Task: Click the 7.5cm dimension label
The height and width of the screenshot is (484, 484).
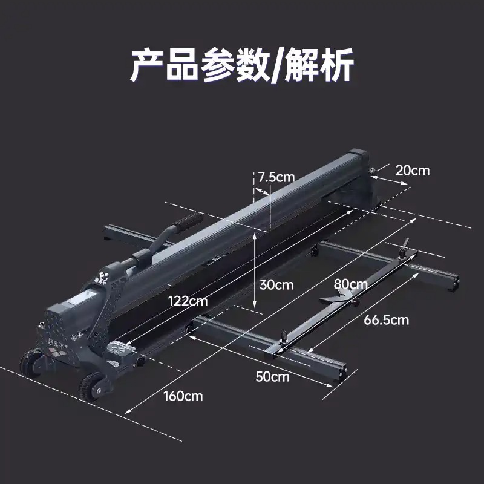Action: (276, 177)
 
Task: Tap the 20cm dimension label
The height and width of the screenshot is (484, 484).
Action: (413, 171)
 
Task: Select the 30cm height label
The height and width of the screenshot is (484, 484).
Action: (276, 284)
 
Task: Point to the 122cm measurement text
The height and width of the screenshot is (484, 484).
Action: (188, 301)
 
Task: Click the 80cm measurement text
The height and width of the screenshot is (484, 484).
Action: (351, 284)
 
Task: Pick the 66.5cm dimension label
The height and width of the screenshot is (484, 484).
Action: (386, 320)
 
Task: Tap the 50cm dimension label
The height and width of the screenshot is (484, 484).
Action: (273, 376)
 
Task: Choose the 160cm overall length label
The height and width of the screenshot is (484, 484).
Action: (183, 396)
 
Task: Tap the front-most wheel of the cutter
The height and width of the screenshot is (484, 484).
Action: (92, 387)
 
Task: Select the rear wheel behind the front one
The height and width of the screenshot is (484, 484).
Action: (31, 362)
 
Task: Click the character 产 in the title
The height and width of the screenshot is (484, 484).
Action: (147, 65)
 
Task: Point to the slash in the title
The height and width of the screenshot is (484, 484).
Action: (276, 66)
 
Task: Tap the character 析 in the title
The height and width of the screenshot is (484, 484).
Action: (336, 65)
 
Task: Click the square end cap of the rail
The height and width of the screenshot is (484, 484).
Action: (358, 157)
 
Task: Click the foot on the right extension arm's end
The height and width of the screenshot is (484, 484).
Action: (453, 283)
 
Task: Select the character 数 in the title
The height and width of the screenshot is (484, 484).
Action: (252, 65)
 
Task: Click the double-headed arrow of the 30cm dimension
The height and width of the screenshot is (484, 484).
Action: (254, 270)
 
